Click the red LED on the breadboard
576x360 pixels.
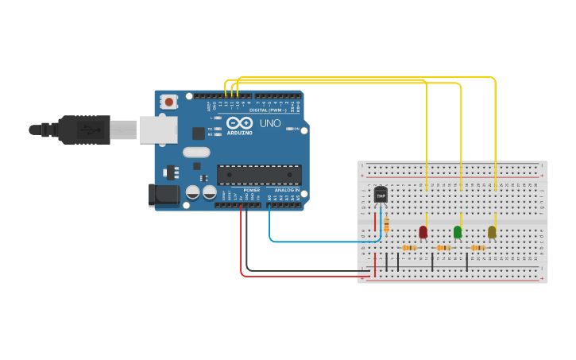tap(423, 232)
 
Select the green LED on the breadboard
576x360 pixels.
tap(458, 232)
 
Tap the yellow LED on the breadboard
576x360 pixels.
tap(492, 232)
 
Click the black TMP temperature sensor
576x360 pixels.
tap(381, 195)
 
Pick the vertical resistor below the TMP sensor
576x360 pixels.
tap(386, 226)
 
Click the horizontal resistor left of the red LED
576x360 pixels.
tap(409, 248)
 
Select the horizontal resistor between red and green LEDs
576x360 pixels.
tap(443, 248)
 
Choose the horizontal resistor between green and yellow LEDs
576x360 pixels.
tap(478, 248)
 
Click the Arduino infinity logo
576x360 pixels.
tap(239, 123)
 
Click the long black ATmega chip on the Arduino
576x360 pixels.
tap(259, 175)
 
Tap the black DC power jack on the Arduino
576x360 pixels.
tap(163, 195)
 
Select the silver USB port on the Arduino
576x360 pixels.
tap(158, 130)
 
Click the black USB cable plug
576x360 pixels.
tap(83, 130)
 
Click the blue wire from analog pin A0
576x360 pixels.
tap(318, 241)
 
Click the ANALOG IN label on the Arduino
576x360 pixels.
tap(286, 191)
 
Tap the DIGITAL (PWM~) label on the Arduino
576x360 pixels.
tap(269, 109)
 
